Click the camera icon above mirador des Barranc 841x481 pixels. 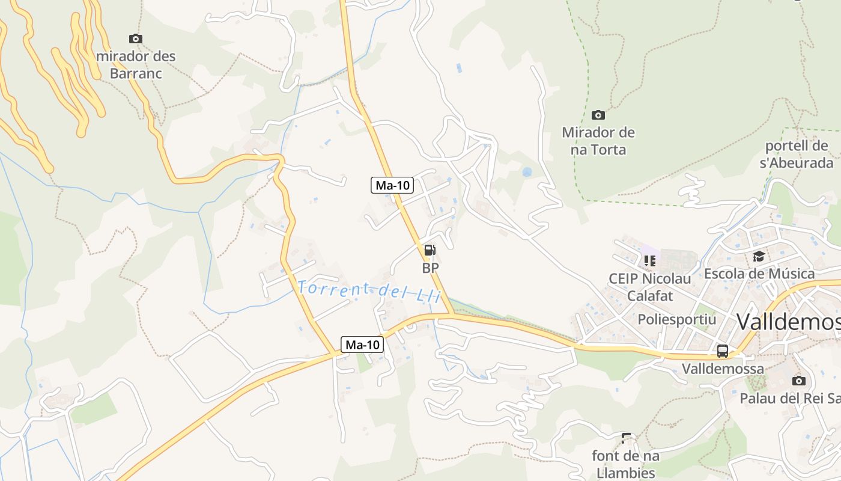[x=136, y=39]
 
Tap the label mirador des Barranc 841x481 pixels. [x=136, y=65]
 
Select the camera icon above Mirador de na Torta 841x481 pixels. [x=598, y=115]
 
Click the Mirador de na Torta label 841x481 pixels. [x=598, y=141]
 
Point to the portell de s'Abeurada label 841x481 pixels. [x=797, y=154]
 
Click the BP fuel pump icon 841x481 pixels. [x=430, y=250]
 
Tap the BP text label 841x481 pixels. [x=430, y=268]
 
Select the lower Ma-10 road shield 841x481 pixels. [x=363, y=345]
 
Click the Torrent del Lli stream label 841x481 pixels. [x=369, y=290]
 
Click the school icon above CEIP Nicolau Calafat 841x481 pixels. [x=649, y=260]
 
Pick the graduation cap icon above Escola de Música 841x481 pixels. [x=759, y=257]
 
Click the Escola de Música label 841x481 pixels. [x=759, y=274]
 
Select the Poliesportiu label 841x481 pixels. [x=677, y=319]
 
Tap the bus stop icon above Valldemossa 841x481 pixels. [x=723, y=351]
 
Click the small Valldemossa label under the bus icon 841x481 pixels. [x=723, y=369]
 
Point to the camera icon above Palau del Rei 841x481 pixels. [x=798, y=381]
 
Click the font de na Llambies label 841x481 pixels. [x=625, y=464]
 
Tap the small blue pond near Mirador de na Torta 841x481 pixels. [x=527, y=172]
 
